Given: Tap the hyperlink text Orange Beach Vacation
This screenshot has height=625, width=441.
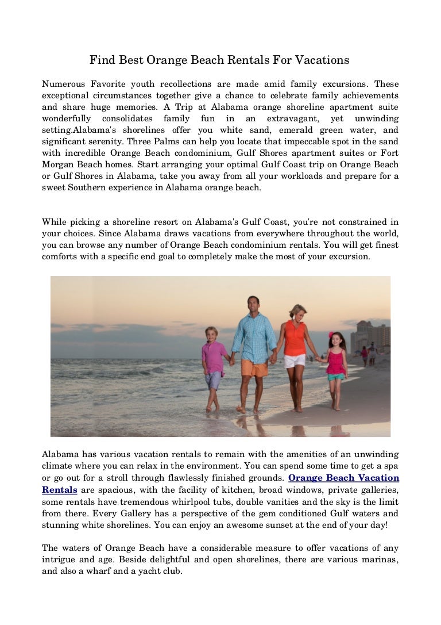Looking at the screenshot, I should [343, 478].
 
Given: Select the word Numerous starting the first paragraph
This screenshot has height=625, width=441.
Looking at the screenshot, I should [63, 83].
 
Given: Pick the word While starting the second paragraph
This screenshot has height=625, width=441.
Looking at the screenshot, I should [55, 222].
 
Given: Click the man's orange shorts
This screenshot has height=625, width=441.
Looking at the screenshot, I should [254, 366].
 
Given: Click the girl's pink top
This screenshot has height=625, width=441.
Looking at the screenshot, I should [336, 362].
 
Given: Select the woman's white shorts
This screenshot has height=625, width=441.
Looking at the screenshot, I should [295, 361].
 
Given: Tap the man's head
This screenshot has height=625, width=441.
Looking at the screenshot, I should [253, 304].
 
